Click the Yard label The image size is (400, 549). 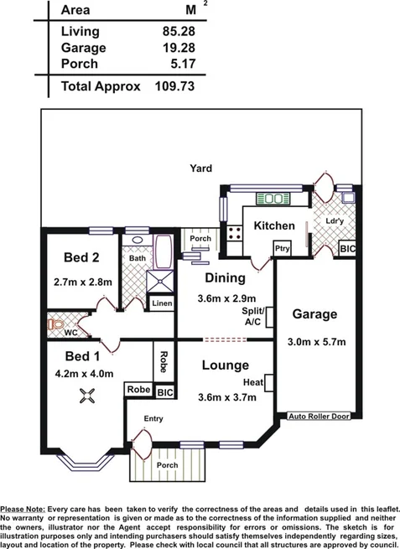200,168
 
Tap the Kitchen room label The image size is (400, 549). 274,225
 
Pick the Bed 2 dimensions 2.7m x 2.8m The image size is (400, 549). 82,282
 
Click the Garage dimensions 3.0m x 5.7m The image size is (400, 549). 314,342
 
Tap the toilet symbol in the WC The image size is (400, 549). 57,323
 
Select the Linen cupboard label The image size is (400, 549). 161,303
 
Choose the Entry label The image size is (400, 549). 152,418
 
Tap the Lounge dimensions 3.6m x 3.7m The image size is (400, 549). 225,397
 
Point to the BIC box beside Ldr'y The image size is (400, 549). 346,249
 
